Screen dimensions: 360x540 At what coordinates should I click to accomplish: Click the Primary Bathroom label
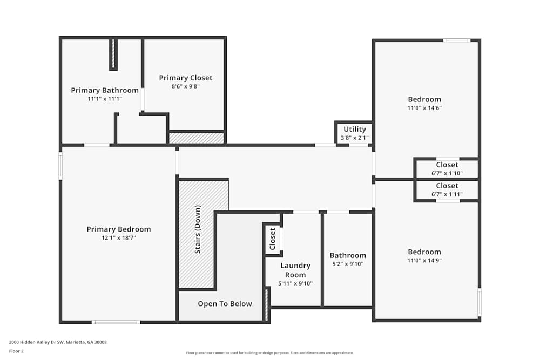tap(105, 90)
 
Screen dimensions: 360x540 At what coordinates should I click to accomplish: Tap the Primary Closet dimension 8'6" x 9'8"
tap(186, 86)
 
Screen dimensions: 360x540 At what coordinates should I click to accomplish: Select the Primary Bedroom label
tap(119, 229)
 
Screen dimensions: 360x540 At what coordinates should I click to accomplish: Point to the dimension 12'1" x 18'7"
tap(119, 237)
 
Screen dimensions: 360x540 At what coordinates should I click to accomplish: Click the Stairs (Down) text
tap(198, 230)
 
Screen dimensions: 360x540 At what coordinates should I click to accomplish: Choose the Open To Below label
tap(225, 304)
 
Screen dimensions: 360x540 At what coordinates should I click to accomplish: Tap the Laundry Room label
tap(295, 270)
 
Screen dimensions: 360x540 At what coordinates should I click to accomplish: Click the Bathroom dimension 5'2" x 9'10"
tap(348, 264)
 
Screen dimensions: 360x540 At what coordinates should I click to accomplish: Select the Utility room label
tap(355, 130)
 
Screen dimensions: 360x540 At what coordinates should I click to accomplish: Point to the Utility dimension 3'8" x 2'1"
tap(355, 138)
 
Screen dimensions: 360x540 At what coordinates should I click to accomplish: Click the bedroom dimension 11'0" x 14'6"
tap(424, 108)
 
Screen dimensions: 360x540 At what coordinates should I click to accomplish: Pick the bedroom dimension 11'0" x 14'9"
tap(424, 260)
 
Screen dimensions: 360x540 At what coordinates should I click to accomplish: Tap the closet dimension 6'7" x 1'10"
tap(447, 173)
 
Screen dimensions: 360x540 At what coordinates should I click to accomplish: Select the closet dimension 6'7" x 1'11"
tap(447, 194)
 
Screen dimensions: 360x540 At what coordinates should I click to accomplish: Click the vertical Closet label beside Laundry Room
tap(273, 239)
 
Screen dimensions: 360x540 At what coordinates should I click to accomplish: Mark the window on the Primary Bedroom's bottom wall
tap(116, 322)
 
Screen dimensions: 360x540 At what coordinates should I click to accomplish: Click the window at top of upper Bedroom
tap(457, 40)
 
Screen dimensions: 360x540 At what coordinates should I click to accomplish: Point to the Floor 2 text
tap(16, 351)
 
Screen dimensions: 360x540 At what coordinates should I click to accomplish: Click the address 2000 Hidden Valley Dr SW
tap(58, 342)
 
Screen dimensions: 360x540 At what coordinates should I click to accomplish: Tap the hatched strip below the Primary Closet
tap(197, 139)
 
